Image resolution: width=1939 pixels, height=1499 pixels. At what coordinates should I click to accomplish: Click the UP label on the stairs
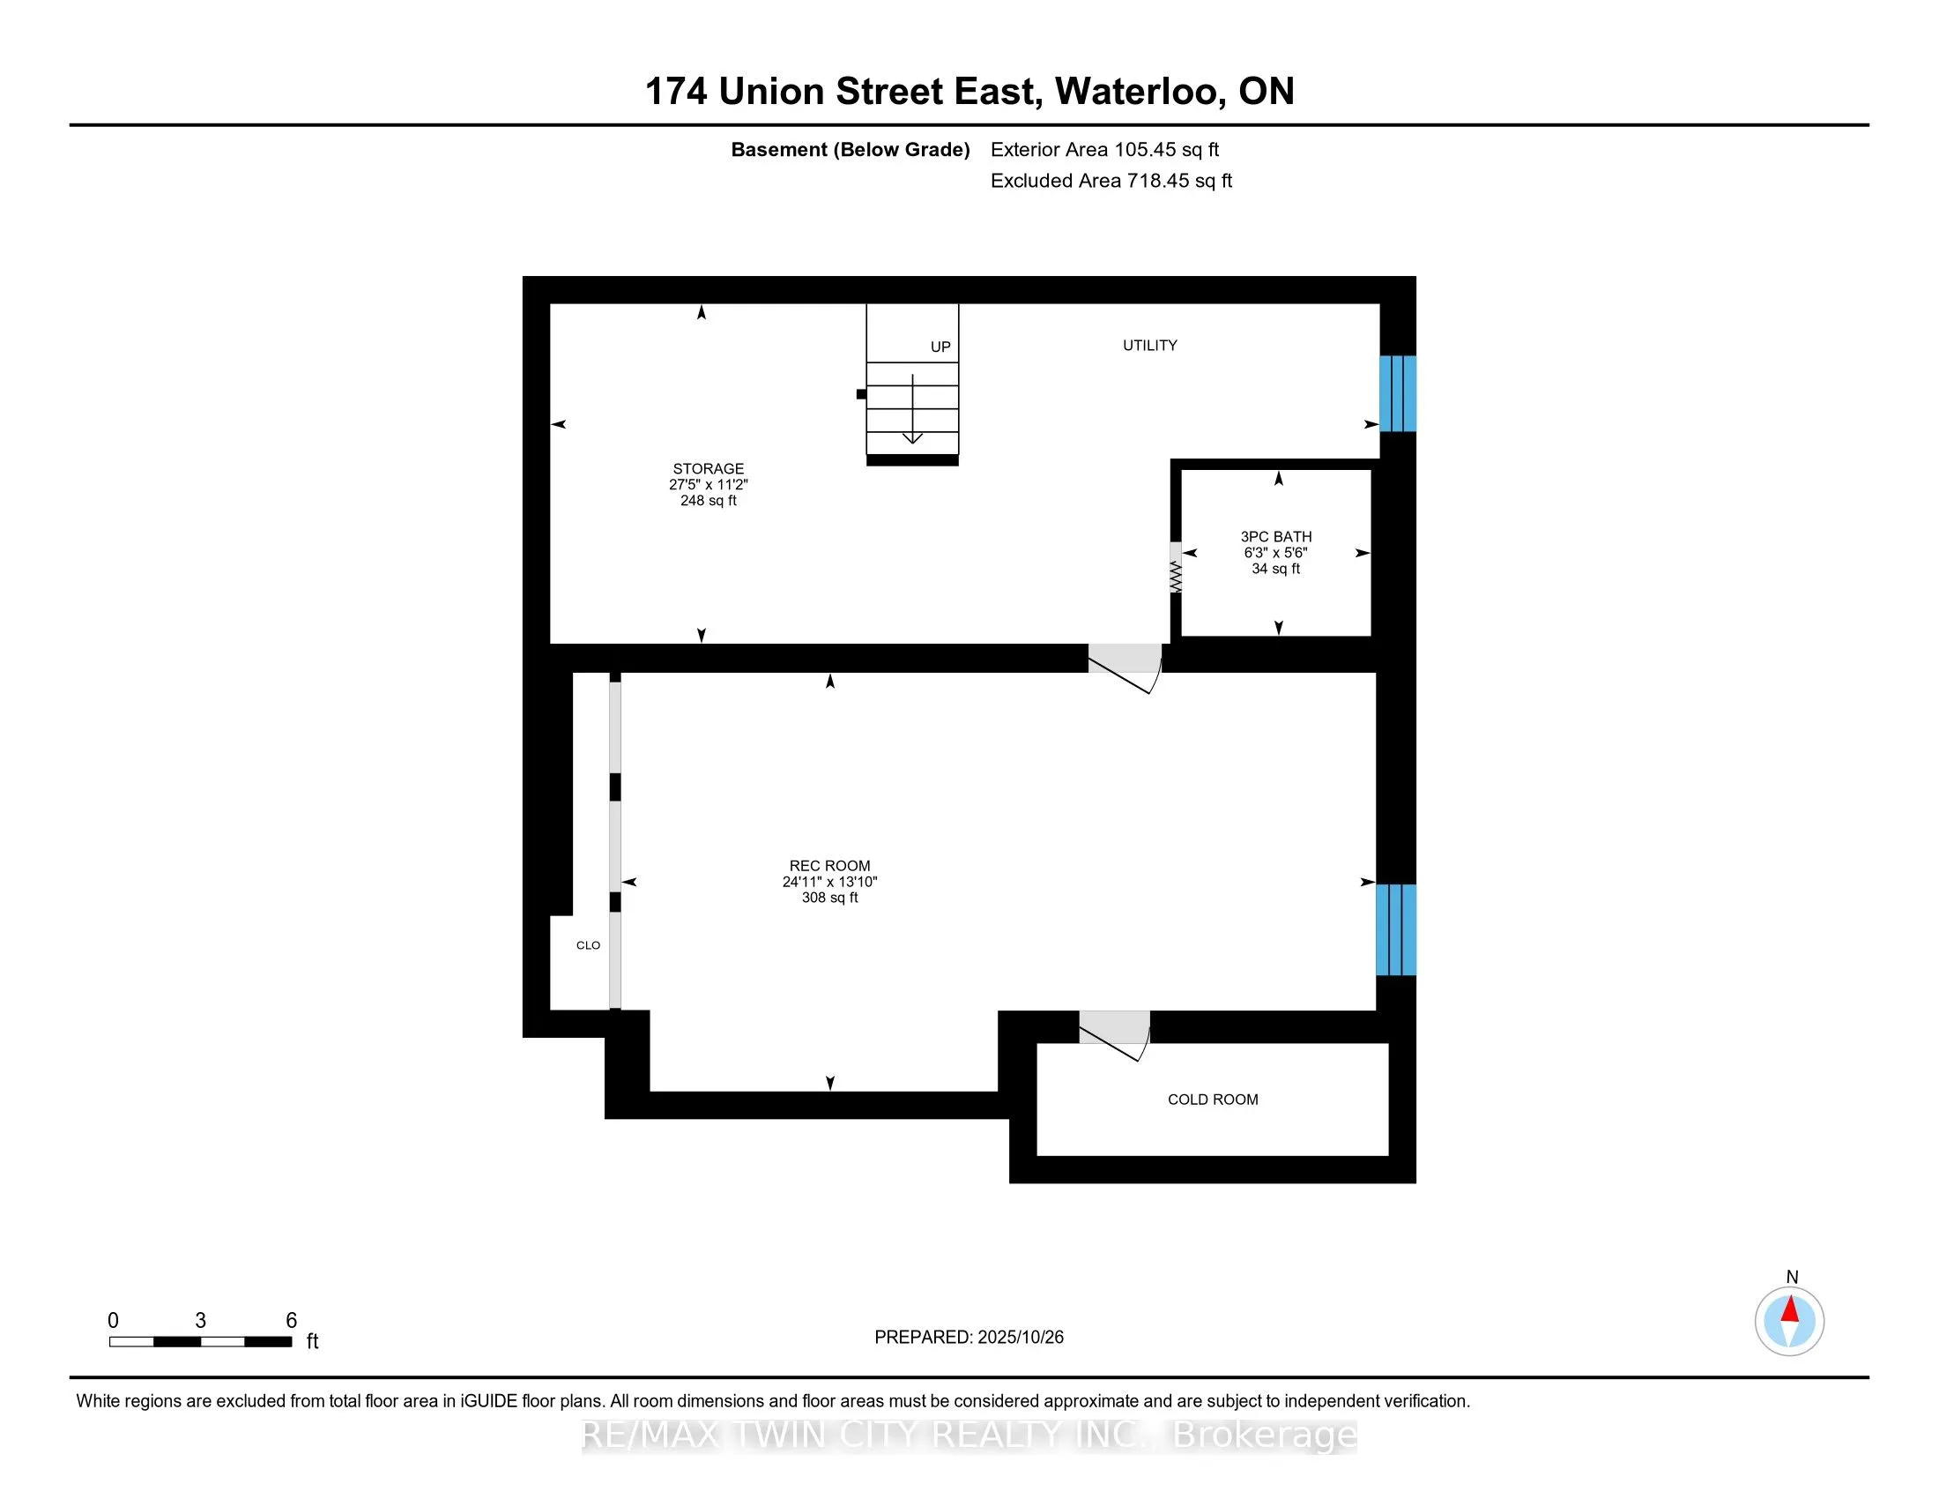(940, 347)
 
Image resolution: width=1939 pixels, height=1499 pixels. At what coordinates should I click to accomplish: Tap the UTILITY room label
(1149, 346)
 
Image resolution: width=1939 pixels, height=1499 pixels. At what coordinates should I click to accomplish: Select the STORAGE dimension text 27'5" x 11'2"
(709, 485)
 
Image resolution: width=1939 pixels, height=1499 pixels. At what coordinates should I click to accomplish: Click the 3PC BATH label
(1276, 536)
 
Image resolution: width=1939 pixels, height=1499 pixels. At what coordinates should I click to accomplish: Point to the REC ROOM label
(829, 866)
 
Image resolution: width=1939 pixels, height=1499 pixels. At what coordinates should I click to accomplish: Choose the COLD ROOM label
(1213, 1100)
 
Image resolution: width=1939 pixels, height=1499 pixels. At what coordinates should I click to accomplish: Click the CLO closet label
(588, 945)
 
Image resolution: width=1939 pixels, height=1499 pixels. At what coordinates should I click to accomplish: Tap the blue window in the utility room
(1398, 393)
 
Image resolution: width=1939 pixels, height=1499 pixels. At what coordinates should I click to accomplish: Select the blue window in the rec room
(1396, 929)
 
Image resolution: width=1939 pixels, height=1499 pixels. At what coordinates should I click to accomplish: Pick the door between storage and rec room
(1124, 666)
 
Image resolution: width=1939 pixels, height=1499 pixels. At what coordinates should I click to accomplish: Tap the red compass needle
(1790, 1309)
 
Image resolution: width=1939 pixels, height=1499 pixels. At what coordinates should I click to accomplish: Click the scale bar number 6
(291, 1321)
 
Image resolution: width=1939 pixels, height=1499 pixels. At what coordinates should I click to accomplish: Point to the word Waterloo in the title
(1140, 92)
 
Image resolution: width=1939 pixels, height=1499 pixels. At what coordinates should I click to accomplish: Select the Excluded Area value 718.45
(1158, 181)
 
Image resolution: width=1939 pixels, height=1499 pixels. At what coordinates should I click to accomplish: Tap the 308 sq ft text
(829, 898)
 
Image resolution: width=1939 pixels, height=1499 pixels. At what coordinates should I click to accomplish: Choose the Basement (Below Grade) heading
(850, 150)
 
